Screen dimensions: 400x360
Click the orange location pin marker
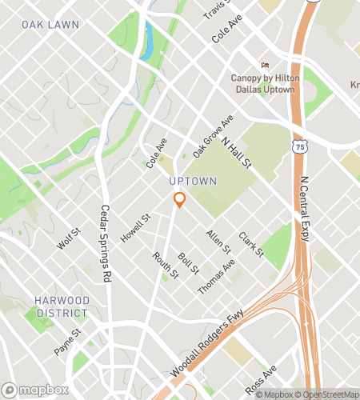(x=180, y=199)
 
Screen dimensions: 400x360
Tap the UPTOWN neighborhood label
(x=193, y=182)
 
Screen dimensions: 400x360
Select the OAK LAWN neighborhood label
(x=51, y=25)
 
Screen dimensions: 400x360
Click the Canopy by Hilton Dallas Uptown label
(x=264, y=83)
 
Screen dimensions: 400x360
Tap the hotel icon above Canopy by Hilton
(x=265, y=66)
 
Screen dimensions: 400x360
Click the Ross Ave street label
(x=261, y=379)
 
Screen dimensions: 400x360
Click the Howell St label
(x=135, y=229)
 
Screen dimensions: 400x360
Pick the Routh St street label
(x=166, y=266)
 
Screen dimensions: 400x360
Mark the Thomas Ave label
(x=216, y=276)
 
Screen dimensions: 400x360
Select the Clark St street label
(x=250, y=245)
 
